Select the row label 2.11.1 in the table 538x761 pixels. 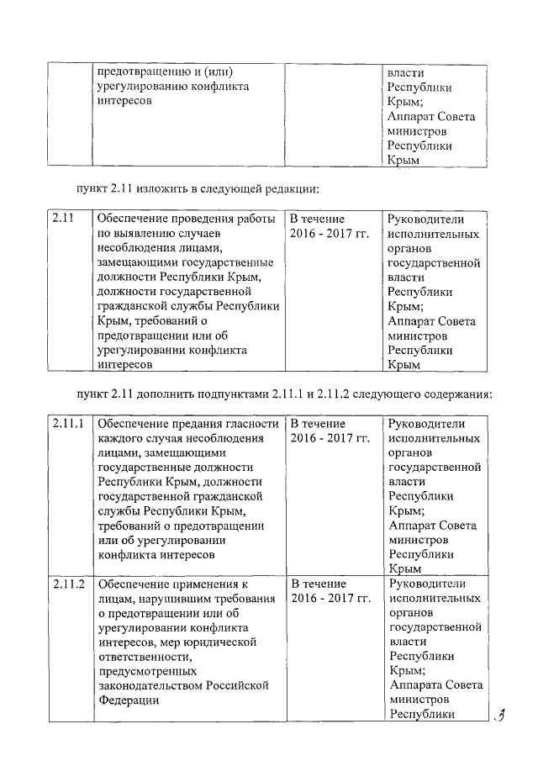(68, 423)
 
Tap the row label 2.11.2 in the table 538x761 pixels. (68, 584)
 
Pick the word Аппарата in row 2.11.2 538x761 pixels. (416, 685)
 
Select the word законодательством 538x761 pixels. (152, 685)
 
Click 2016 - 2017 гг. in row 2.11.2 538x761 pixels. (330, 598)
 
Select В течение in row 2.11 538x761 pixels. (318, 219)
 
